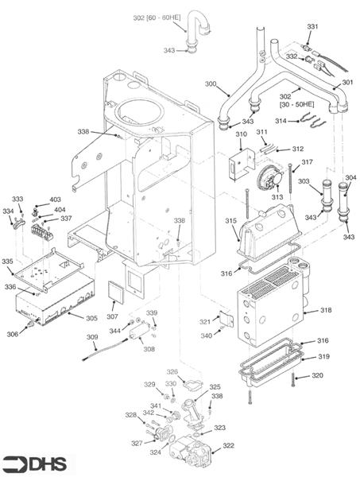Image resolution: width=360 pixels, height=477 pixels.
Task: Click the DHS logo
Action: pos(34,464)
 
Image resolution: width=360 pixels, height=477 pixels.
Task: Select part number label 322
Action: pos(228,445)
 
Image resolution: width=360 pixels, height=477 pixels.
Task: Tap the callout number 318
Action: pos(326,310)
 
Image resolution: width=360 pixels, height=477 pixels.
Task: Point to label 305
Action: pos(91,318)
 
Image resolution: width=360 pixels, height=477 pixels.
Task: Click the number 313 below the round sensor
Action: pos(277,197)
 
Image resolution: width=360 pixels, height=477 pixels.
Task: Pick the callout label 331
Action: pos(312,26)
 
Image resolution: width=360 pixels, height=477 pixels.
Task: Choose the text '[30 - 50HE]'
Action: pos(296,104)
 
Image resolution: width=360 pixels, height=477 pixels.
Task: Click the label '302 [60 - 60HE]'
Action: pos(157,18)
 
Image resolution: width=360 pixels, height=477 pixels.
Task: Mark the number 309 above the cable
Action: pos(92,337)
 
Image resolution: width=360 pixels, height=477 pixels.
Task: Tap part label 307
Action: pos(112,316)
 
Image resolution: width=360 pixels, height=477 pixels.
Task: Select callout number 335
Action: pos(7,262)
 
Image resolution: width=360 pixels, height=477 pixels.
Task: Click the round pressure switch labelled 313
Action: pos(270,179)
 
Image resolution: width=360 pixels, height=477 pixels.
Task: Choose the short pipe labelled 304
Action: pos(343,202)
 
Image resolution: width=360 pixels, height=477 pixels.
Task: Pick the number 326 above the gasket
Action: pos(172,372)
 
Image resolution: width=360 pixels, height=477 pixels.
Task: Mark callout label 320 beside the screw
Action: pos(317,376)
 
